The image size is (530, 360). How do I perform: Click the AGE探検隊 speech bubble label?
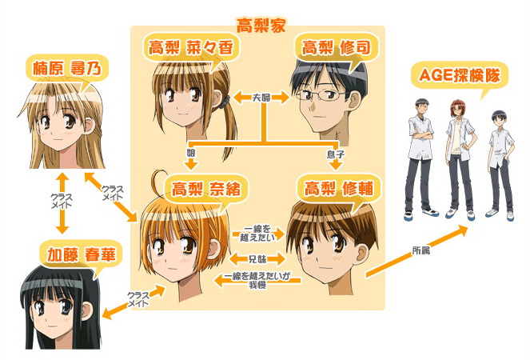(x=455, y=76)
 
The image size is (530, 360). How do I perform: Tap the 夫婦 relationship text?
(x=261, y=98)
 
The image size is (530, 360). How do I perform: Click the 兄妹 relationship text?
(x=257, y=260)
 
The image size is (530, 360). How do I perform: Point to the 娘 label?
(x=190, y=150)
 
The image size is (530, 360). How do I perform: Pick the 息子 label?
(x=336, y=150)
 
